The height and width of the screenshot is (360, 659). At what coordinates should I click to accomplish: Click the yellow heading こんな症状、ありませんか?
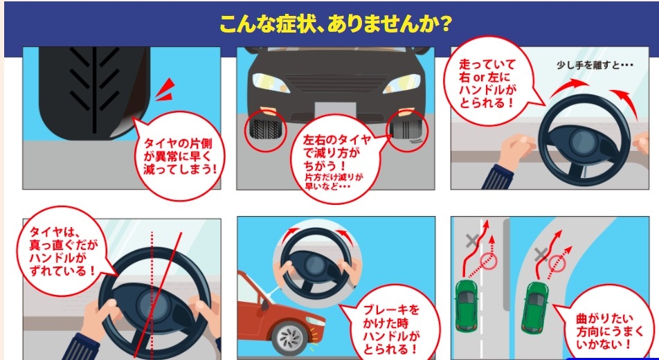coord(335,24)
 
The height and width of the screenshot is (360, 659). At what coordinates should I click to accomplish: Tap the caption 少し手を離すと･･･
coord(595,66)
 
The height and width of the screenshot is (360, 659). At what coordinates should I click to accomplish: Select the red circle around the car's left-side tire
coord(265,131)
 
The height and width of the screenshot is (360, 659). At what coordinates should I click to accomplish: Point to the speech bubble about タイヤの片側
coord(180,155)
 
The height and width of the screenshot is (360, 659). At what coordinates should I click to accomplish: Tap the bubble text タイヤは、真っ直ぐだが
coord(62,251)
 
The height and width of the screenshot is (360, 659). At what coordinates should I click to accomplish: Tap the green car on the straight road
coord(467,305)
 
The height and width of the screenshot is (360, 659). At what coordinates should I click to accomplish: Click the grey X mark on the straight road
coord(473,240)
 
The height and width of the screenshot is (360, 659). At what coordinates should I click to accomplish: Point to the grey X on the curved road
coord(541,255)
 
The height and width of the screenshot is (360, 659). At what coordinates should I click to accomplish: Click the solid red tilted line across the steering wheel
coord(159,295)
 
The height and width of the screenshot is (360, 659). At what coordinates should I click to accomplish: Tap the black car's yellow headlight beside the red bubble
coord(401,84)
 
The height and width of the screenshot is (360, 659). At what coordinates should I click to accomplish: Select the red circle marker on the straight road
coord(488,261)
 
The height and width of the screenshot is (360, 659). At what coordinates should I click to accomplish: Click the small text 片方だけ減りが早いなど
coord(334,181)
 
